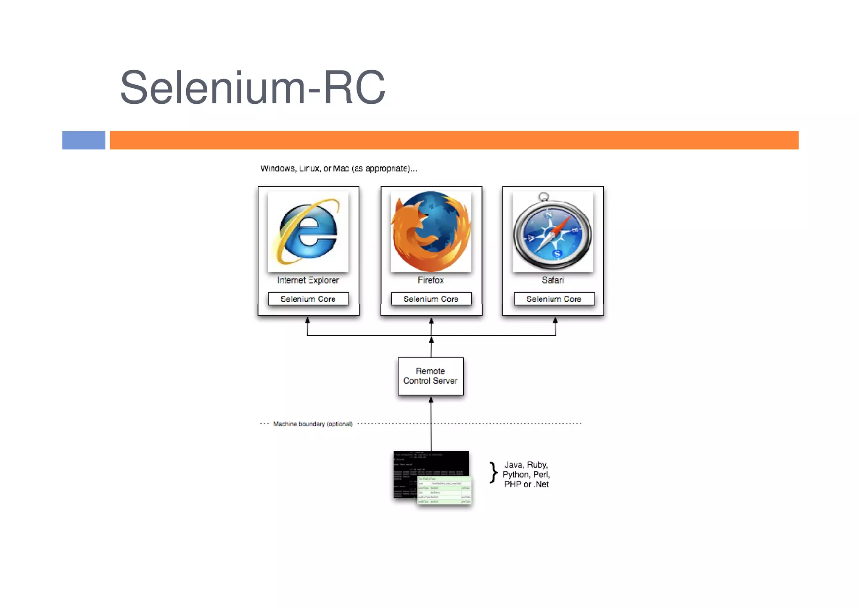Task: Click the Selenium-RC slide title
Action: point(252,87)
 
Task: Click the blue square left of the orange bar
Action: point(84,140)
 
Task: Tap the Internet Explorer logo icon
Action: point(308,232)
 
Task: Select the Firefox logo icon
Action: point(431,232)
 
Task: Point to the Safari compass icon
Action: point(552,232)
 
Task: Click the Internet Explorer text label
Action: point(308,280)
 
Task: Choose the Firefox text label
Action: point(430,280)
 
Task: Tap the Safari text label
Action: point(552,280)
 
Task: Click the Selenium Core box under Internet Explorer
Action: point(308,299)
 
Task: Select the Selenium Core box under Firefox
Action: point(431,299)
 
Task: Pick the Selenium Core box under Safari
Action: point(554,299)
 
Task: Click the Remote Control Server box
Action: point(430,376)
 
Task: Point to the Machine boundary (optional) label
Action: point(312,424)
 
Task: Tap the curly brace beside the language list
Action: point(494,474)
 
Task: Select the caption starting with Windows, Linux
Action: point(338,168)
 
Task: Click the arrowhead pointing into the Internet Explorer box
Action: point(307,320)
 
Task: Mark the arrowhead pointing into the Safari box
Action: point(555,320)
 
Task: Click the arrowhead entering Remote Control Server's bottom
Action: point(431,400)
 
